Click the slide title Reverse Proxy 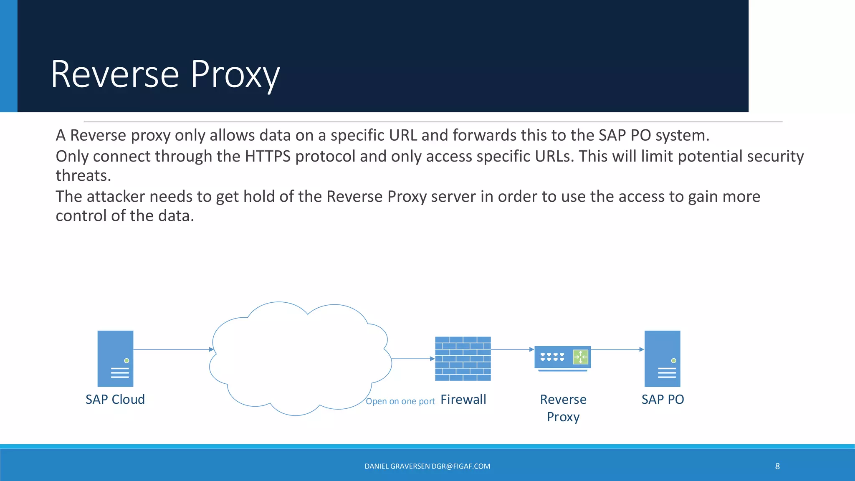pos(165,74)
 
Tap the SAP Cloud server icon pos(115,358)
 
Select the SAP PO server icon pos(662,358)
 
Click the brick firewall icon pos(463,359)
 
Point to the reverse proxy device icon pos(562,358)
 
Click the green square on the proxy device pos(580,357)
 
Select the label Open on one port pos(400,401)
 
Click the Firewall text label pos(463,400)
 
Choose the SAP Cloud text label pos(115,400)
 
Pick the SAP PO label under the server pos(663,400)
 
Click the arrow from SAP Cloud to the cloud pos(173,349)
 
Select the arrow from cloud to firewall pos(412,359)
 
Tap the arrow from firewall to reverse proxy pos(512,349)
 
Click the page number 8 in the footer pos(777,466)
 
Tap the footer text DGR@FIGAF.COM pos(461,466)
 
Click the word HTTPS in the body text pos(268,156)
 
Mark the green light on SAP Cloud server pos(126,361)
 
